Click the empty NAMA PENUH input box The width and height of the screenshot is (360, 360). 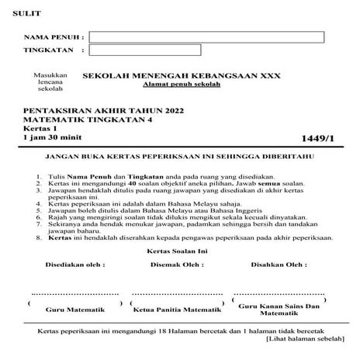(x=206, y=36)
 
